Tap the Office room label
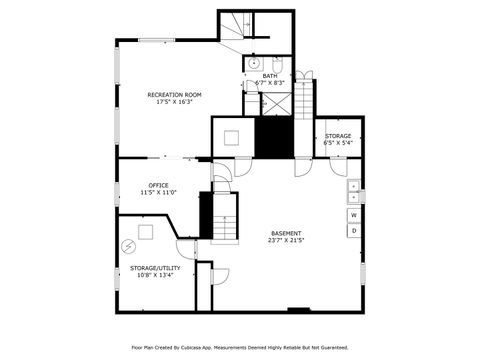click(158, 184)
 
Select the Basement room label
click(286, 233)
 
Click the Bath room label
click(270, 76)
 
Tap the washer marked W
click(354, 215)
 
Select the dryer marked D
click(354, 231)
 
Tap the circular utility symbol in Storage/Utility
click(128, 245)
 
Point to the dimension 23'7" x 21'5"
click(286, 241)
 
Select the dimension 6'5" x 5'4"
click(337, 142)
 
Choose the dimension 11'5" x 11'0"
click(158, 192)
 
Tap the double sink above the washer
click(354, 191)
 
